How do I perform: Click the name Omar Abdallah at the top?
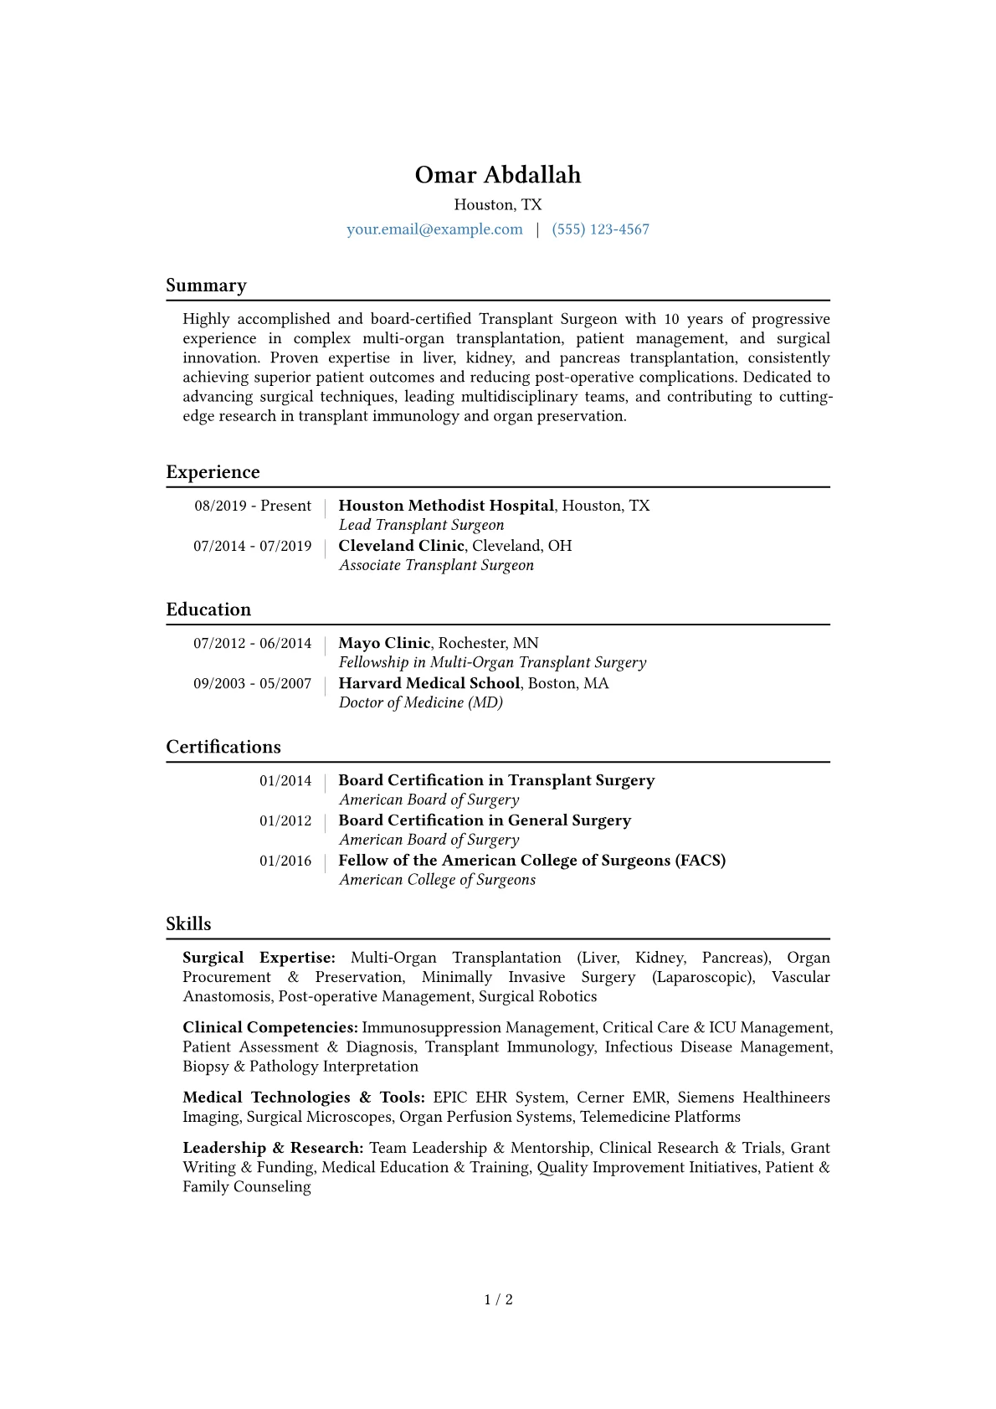(x=498, y=175)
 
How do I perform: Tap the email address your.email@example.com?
(x=434, y=229)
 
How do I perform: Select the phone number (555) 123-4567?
(x=600, y=229)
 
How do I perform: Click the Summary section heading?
(x=206, y=285)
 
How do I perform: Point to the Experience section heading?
(x=213, y=472)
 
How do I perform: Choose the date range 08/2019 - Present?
(x=253, y=506)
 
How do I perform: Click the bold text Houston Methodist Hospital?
(x=446, y=506)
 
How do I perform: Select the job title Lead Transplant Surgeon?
(x=421, y=525)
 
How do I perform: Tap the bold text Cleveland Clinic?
(x=401, y=546)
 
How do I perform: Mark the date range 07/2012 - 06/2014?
(x=252, y=643)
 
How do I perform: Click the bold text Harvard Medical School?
(x=429, y=683)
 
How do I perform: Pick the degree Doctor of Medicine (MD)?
(x=420, y=702)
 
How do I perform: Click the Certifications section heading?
(x=223, y=747)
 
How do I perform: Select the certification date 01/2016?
(x=285, y=861)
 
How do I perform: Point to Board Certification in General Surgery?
(x=485, y=820)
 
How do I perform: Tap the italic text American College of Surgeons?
(x=437, y=880)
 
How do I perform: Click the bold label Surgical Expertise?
(x=259, y=958)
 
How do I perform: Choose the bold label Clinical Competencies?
(x=270, y=1027)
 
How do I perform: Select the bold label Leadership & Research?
(x=273, y=1148)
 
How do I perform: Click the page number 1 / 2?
(x=498, y=1299)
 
